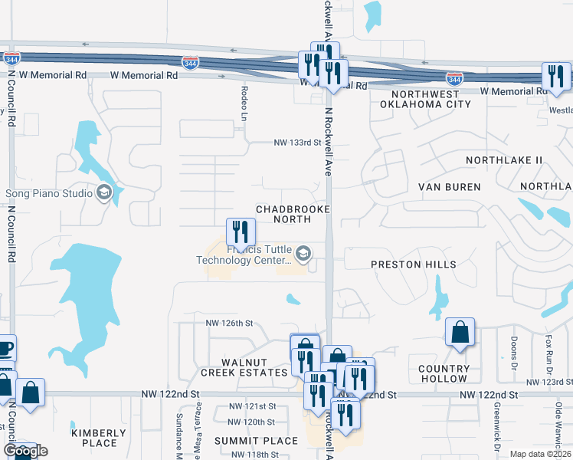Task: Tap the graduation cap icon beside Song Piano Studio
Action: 105,193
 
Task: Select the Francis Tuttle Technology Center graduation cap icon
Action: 303,254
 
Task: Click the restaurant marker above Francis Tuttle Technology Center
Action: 241,231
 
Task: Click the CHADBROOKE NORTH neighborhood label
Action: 293,214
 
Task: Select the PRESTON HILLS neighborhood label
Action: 413,264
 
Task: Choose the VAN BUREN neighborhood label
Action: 449,187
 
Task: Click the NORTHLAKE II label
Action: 506,159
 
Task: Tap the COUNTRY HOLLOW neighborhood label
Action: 444,373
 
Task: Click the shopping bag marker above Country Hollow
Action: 460,332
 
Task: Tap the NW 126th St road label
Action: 228,324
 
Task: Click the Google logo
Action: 25,451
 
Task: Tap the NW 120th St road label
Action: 251,422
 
